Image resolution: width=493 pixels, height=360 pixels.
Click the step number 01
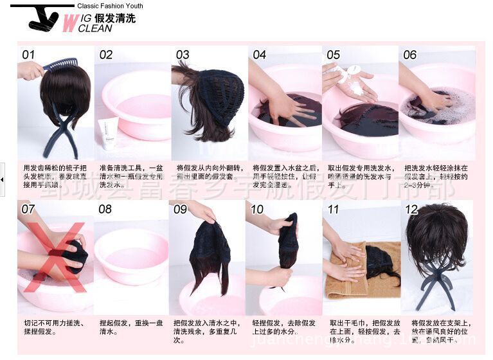pyautogui.click(x=28, y=55)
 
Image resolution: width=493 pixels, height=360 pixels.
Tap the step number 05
pyautogui.click(x=333, y=55)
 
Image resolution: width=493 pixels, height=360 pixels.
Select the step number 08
pyautogui.click(x=105, y=209)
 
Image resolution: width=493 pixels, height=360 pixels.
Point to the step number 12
pyautogui.click(x=411, y=209)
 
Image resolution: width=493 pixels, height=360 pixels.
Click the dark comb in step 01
pyautogui.click(x=61, y=65)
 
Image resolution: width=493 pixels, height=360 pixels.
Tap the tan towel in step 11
pyautogui.click(x=347, y=276)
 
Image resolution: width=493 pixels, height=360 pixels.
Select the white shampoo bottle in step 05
pyautogui.click(x=352, y=72)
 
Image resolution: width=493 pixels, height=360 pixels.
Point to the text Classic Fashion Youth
pyautogui.click(x=110, y=6)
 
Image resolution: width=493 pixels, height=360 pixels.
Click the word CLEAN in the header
pyautogui.click(x=94, y=28)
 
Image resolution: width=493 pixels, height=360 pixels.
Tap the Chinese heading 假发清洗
pyautogui.click(x=116, y=17)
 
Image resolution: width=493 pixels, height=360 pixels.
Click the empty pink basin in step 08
pyautogui.click(x=131, y=255)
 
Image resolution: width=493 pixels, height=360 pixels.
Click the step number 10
pyautogui.click(x=257, y=209)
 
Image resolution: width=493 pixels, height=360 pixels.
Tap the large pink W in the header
pyautogui.click(x=69, y=23)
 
